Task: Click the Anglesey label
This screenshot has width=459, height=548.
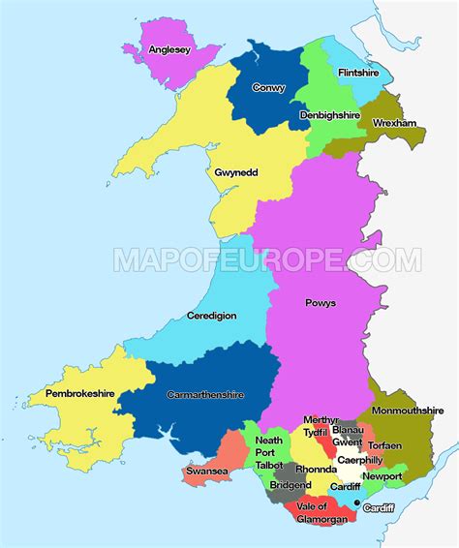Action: tap(168, 51)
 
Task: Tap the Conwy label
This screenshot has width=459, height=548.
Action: tap(268, 87)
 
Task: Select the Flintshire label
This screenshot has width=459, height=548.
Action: tap(358, 73)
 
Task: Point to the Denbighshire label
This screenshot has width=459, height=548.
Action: tap(329, 114)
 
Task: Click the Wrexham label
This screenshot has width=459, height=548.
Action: tap(393, 123)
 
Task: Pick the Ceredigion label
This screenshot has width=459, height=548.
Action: tap(211, 316)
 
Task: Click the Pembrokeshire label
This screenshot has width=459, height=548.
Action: tap(75, 395)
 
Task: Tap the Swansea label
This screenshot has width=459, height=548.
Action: tap(207, 472)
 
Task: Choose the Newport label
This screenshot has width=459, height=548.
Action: tap(382, 476)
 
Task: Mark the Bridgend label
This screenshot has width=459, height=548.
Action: tap(291, 485)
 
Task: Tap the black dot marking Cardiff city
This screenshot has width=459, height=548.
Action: tap(357, 503)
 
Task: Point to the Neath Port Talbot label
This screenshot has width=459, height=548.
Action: tap(269, 452)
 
